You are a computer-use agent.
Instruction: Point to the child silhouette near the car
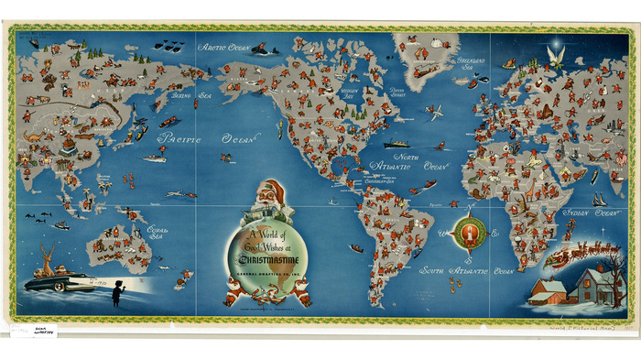[117, 293]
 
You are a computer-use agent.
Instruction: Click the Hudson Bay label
[349, 93]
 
